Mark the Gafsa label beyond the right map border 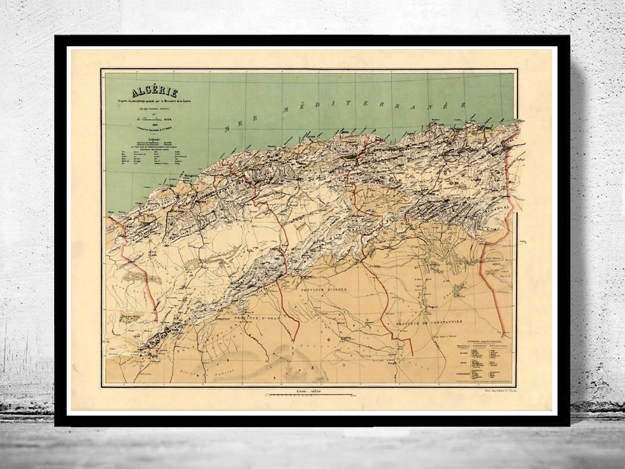523,241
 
